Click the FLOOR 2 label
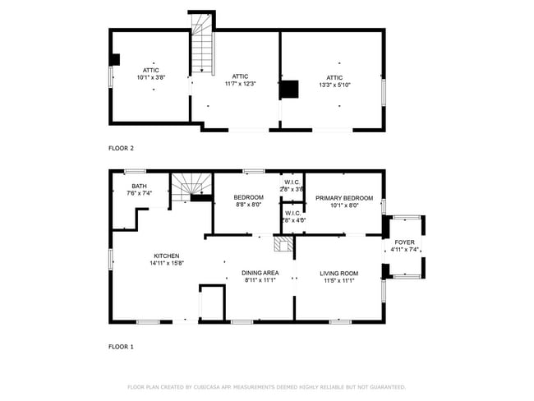(x=121, y=149)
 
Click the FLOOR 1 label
(x=121, y=347)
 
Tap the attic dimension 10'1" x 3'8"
(x=151, y=77)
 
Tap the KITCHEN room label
(x=165, y=256)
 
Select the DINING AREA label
(x=260, y=273)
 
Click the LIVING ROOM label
(x=338, y=274)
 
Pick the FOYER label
(x=404, y=242)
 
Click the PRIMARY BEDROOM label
(x=344, y=198)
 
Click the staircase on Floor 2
(x=202, y=45)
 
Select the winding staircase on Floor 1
(x=191, y=184)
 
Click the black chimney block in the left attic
(x=116, y=59)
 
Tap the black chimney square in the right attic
(x=291, y=89)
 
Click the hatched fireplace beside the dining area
(x=283, y=244)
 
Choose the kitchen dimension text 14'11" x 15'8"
(x=165, y=264)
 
